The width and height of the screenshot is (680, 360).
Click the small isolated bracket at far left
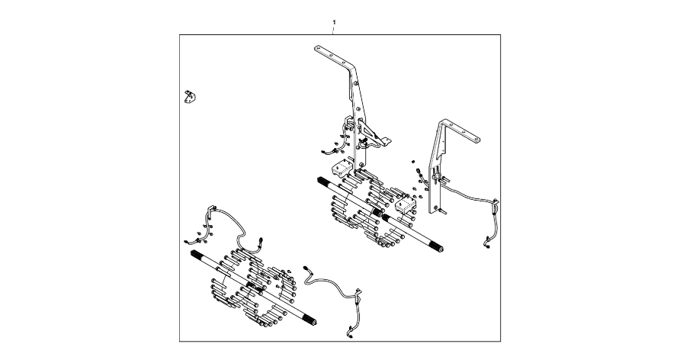[x=188, y=96]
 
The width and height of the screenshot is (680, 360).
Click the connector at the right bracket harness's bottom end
[x=486, y=245]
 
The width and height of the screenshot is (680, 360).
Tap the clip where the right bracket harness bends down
[x=496, y=204]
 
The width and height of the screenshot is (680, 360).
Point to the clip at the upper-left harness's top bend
[x=213, y=209]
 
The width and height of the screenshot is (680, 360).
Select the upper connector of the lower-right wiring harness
[x=308, y=268]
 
